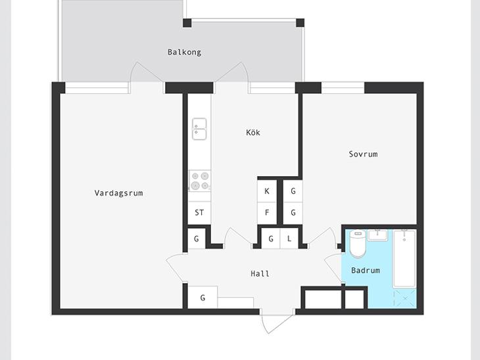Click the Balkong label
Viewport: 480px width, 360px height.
click(x=184, y=53)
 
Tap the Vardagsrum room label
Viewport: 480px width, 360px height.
click(x=118, y=193)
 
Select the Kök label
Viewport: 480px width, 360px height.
click(x=253, y=133)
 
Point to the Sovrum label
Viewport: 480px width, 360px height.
click(x=363, y=154)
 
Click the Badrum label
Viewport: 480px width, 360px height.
click(x=366, y=271)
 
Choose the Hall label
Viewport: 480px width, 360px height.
click(x=260, y=273)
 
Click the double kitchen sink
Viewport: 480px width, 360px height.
click(x=199, y=129)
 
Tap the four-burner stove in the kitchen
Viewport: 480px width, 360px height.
click(x=200, y=181)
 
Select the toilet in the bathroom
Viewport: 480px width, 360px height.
click(x=358, y=244)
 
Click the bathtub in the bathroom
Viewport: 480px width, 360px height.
click(x=404, y=259)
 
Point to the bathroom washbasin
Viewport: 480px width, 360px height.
click(x=378, y=235)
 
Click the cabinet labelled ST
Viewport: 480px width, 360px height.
click(x=199, y=213)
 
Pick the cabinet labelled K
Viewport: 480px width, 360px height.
click(x=267, y=191)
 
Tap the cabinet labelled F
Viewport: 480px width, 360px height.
click(x=267, y=213)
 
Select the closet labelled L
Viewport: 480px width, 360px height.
click(x=289, y=238)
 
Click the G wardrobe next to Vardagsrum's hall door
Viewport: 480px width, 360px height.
click(x=196, y=238)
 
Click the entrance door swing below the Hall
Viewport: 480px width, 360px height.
click(x=277, y=323)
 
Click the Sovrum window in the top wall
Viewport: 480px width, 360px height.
click(x=343, y=88)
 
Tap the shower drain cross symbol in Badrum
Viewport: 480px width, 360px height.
click(x=404, y=298)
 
